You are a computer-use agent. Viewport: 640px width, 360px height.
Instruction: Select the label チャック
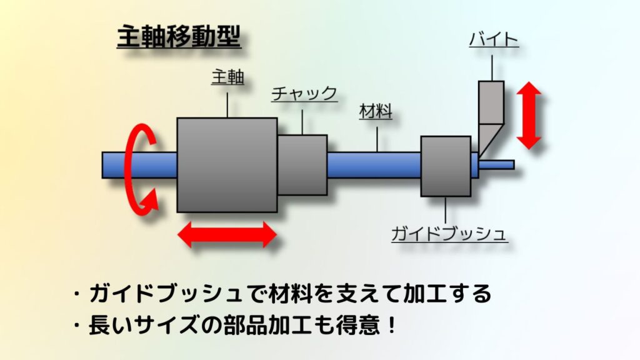point(304,94)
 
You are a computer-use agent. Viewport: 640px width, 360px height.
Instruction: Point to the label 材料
point(376,112)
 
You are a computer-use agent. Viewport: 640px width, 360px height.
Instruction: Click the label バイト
point(493,41)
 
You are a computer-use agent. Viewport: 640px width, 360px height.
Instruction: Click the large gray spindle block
point(227,164)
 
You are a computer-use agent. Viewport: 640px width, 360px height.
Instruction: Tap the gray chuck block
point(302,165)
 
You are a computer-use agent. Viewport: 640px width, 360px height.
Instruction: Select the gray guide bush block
point(446,166)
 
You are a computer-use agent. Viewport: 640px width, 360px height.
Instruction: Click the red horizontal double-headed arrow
point(226,235)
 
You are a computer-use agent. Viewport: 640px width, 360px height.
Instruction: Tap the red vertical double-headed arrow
point(529,116)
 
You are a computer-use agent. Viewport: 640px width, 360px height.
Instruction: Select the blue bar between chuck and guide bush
point(374,165)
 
